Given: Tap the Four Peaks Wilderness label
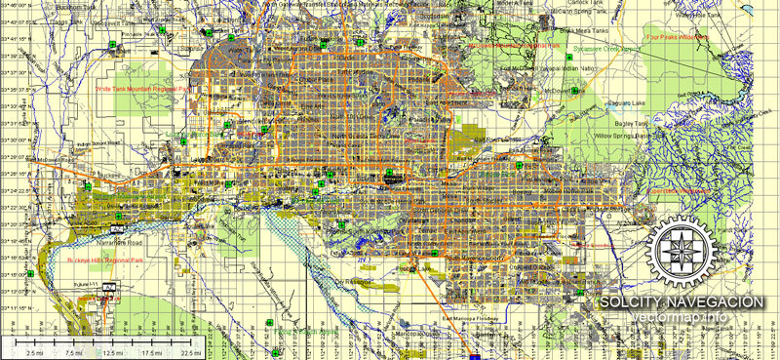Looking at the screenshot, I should (678, 37).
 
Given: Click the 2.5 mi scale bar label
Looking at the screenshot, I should (32, 350).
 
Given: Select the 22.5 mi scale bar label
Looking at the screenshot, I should (190, 350).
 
